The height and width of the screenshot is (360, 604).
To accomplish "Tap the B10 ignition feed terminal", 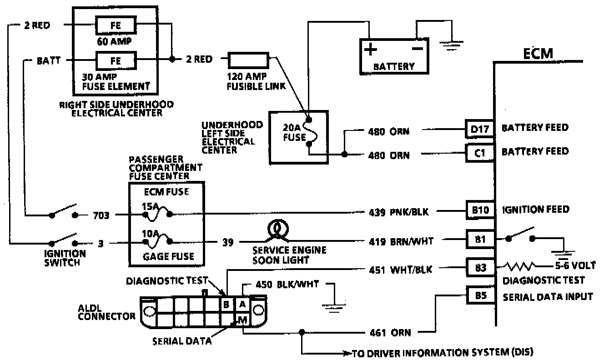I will coord(479,210).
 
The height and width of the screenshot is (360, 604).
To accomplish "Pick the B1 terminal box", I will coord(479,239).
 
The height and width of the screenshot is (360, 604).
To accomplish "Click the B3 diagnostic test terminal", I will coord(479,268).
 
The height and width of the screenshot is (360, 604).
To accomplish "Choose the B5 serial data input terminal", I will coord(479,296).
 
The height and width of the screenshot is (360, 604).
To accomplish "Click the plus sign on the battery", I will coord(371,49).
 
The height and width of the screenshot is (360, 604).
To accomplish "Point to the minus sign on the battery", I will coord(417,48).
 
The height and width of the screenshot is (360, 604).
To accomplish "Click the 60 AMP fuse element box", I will coord(115,25).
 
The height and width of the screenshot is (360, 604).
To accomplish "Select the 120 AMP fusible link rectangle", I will coord(248,59).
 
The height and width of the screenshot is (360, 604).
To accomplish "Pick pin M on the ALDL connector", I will coord(242,320).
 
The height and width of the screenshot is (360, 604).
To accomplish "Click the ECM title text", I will coord(538,54).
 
